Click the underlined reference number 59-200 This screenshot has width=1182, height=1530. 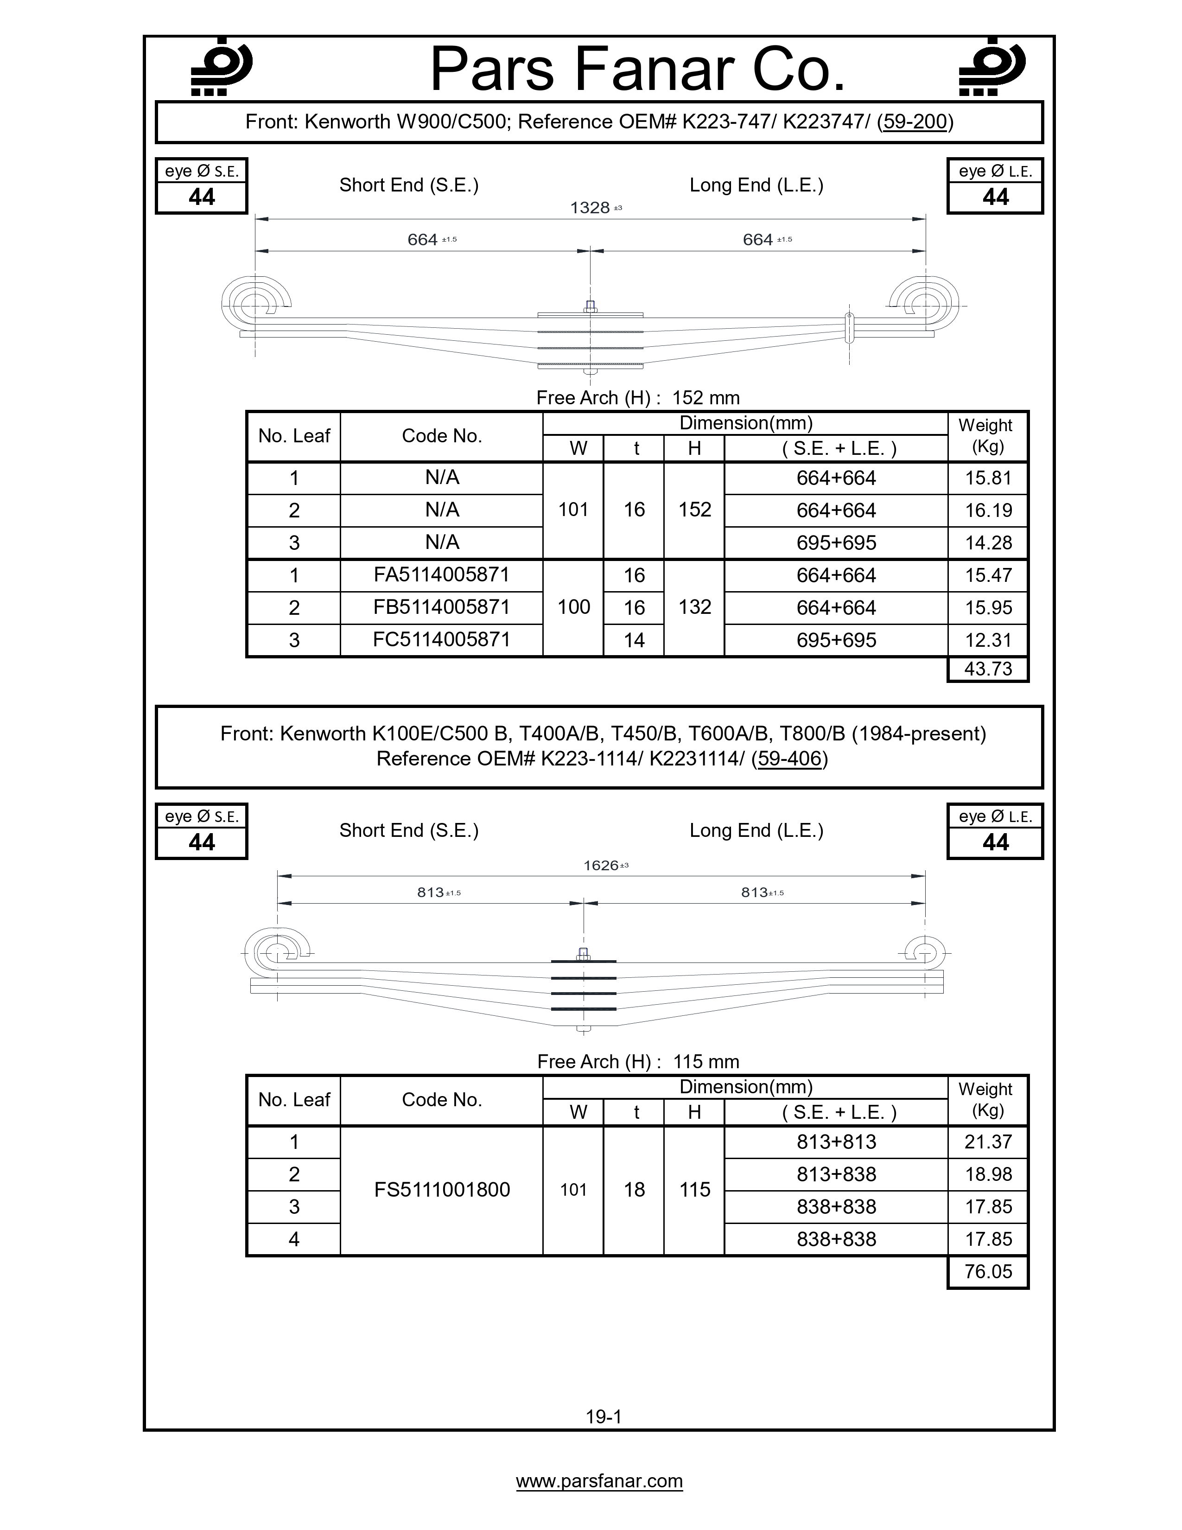[915, 122]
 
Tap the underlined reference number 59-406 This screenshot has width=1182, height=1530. [789, 759]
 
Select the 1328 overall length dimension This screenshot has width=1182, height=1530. [590, 208]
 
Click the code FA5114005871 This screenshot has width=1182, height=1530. [441, 575]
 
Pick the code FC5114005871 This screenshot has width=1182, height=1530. [441, 640]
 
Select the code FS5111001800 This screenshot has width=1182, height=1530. [442, 1190]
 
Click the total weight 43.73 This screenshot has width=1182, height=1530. [988, 669]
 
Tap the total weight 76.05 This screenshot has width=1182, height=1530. [988, 1271]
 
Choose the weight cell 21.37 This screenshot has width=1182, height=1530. [988, 1142]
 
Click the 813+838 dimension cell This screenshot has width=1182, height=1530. [836, 1174]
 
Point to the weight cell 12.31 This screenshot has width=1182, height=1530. [988, 640]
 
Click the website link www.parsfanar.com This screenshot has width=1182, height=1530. [599, 1481]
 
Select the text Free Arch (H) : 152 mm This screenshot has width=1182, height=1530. [638, 398]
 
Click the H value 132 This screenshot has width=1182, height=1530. [695, 607]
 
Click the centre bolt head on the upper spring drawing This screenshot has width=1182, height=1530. [590, 306]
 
